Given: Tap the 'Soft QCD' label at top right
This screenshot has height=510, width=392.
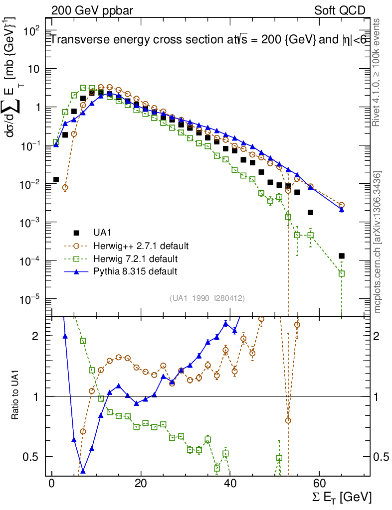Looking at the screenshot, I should pyautogui.click(x=340, y=10).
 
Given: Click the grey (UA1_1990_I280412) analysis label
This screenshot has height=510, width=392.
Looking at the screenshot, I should pyautogui.click(x=206, y=298).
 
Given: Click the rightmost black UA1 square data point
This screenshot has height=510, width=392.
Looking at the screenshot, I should pyautogui.click(x=342, y=256).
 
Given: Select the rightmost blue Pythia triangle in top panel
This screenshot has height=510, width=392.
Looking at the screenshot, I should pyautogui.click(x=342, y=210).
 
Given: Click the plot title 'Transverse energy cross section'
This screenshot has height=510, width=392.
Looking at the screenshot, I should pyautogui.click(x=135, y=41).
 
